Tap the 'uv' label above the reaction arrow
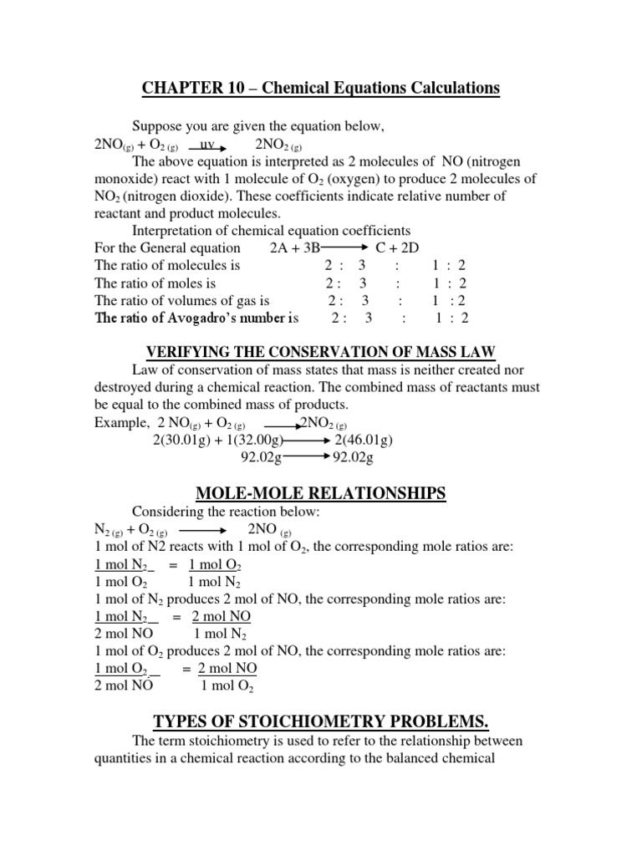point(208,144)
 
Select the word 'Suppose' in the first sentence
point(155,126)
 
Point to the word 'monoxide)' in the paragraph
point(124,179)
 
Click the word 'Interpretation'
point(172,231)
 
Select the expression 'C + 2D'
point(400,248)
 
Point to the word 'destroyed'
point(124,387)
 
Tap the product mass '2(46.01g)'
point(364,441)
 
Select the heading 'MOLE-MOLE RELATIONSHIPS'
point(320,494)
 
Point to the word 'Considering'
point(168,512)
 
